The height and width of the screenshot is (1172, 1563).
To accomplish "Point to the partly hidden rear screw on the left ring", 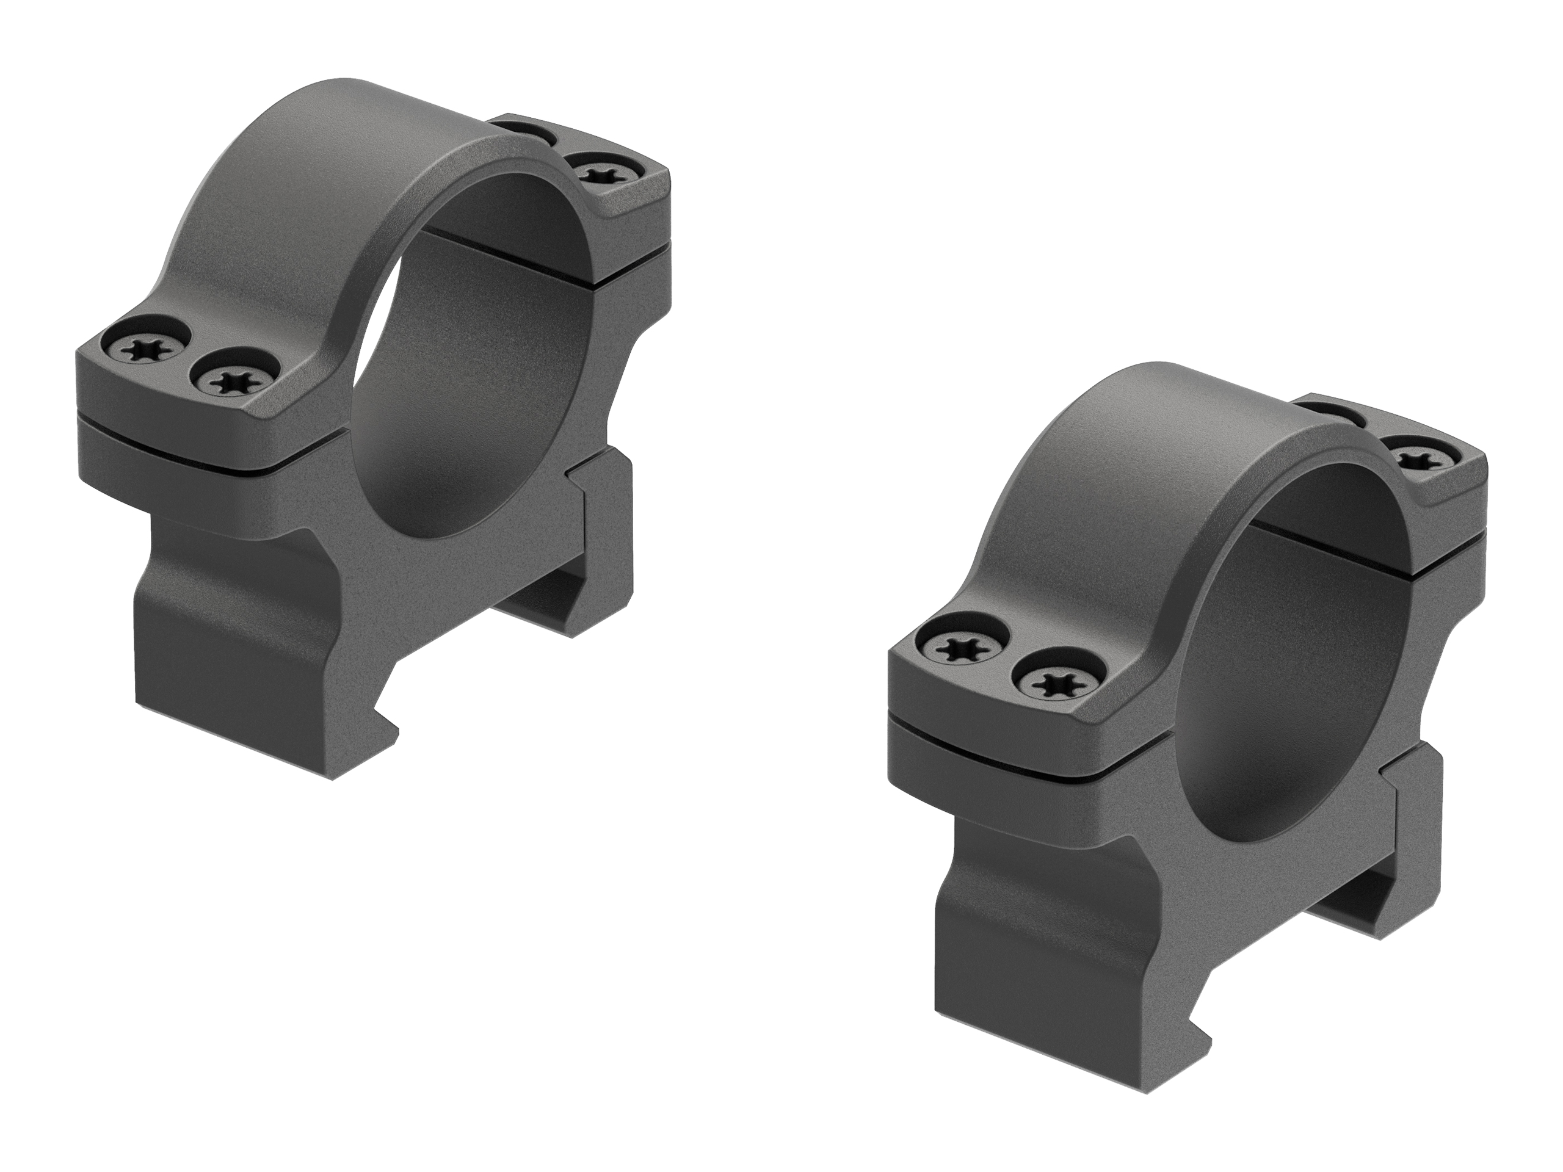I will [x=521, y=134].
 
